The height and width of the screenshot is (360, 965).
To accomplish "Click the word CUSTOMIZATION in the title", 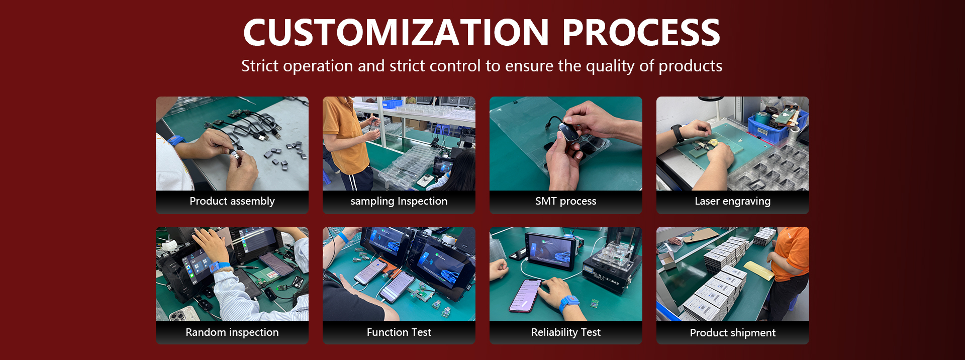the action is (396, 33).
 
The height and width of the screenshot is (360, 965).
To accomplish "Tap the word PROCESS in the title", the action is (641, 33).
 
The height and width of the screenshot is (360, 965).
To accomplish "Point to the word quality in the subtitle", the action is (610, 66).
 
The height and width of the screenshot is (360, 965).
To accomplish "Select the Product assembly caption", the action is (232, 201).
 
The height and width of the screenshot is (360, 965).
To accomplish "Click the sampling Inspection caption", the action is (399, 201).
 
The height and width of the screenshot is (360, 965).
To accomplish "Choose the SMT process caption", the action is (566, 201).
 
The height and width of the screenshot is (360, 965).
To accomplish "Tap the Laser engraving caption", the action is (733, 201).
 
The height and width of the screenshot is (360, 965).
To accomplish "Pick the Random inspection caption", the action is (232, 332).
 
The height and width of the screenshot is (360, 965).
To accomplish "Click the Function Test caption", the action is (399, 332).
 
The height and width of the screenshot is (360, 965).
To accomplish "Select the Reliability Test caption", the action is (566, 332).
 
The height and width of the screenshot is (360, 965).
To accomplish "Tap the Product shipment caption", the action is (733, 333).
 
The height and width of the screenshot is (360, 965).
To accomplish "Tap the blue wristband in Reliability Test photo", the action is (568, 305).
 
